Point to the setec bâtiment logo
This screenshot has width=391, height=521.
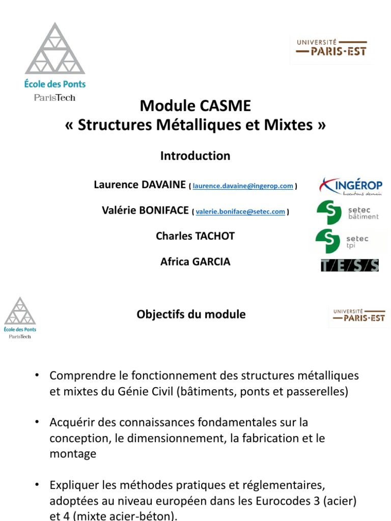click(x=348, y=212)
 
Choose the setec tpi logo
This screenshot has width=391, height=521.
click(x=342, y=241)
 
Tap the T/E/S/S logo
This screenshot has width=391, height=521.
click(x=349, y=265)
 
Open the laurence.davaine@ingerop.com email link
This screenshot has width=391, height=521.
click(x=243, y=186)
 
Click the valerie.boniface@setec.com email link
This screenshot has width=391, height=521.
click(x=240, y=212)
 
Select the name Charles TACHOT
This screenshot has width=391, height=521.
click(x=195, y=236)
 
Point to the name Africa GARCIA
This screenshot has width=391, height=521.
click(x=195, y=262)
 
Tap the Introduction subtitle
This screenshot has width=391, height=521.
click(x=195, y=156)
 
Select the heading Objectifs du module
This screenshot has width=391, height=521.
click(x=191, y=314)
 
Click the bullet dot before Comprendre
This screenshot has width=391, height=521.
click(x=37, y=375)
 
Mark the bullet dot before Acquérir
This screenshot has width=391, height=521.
click(x=37, y=422)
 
